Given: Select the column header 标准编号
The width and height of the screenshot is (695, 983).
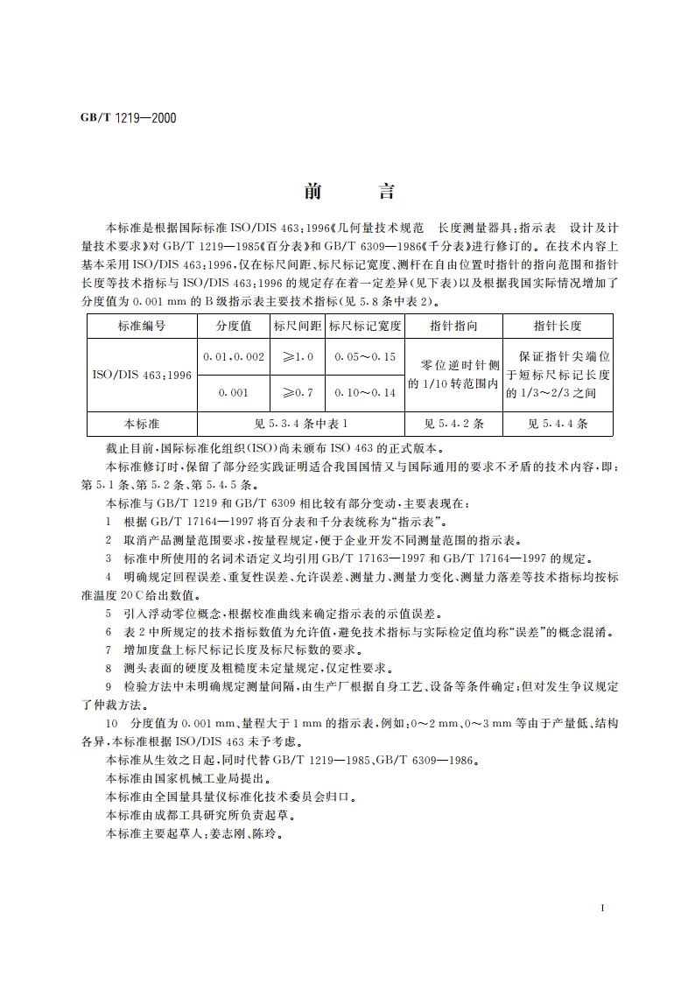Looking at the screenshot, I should pos(142,326).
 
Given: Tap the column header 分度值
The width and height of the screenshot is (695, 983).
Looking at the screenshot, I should pos(233,326).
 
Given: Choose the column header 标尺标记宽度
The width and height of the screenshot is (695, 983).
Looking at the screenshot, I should pos(364,326).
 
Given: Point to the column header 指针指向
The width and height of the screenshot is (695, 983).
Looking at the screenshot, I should pos(453,326).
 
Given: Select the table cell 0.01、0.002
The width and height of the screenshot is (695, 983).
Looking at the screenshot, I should pos(233,357).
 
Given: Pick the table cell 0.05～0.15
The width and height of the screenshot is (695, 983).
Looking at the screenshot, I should pos(364,357).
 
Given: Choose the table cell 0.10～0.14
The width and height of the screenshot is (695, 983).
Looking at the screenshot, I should pos(364,393).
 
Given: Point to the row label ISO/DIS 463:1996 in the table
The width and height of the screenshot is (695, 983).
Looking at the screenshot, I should pos(142,375).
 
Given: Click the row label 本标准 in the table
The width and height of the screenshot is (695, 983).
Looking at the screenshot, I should pos(142,424).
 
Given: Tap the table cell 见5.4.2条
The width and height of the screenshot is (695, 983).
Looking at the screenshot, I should pos(453,424).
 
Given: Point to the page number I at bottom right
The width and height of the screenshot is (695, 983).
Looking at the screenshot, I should pos(603,910).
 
